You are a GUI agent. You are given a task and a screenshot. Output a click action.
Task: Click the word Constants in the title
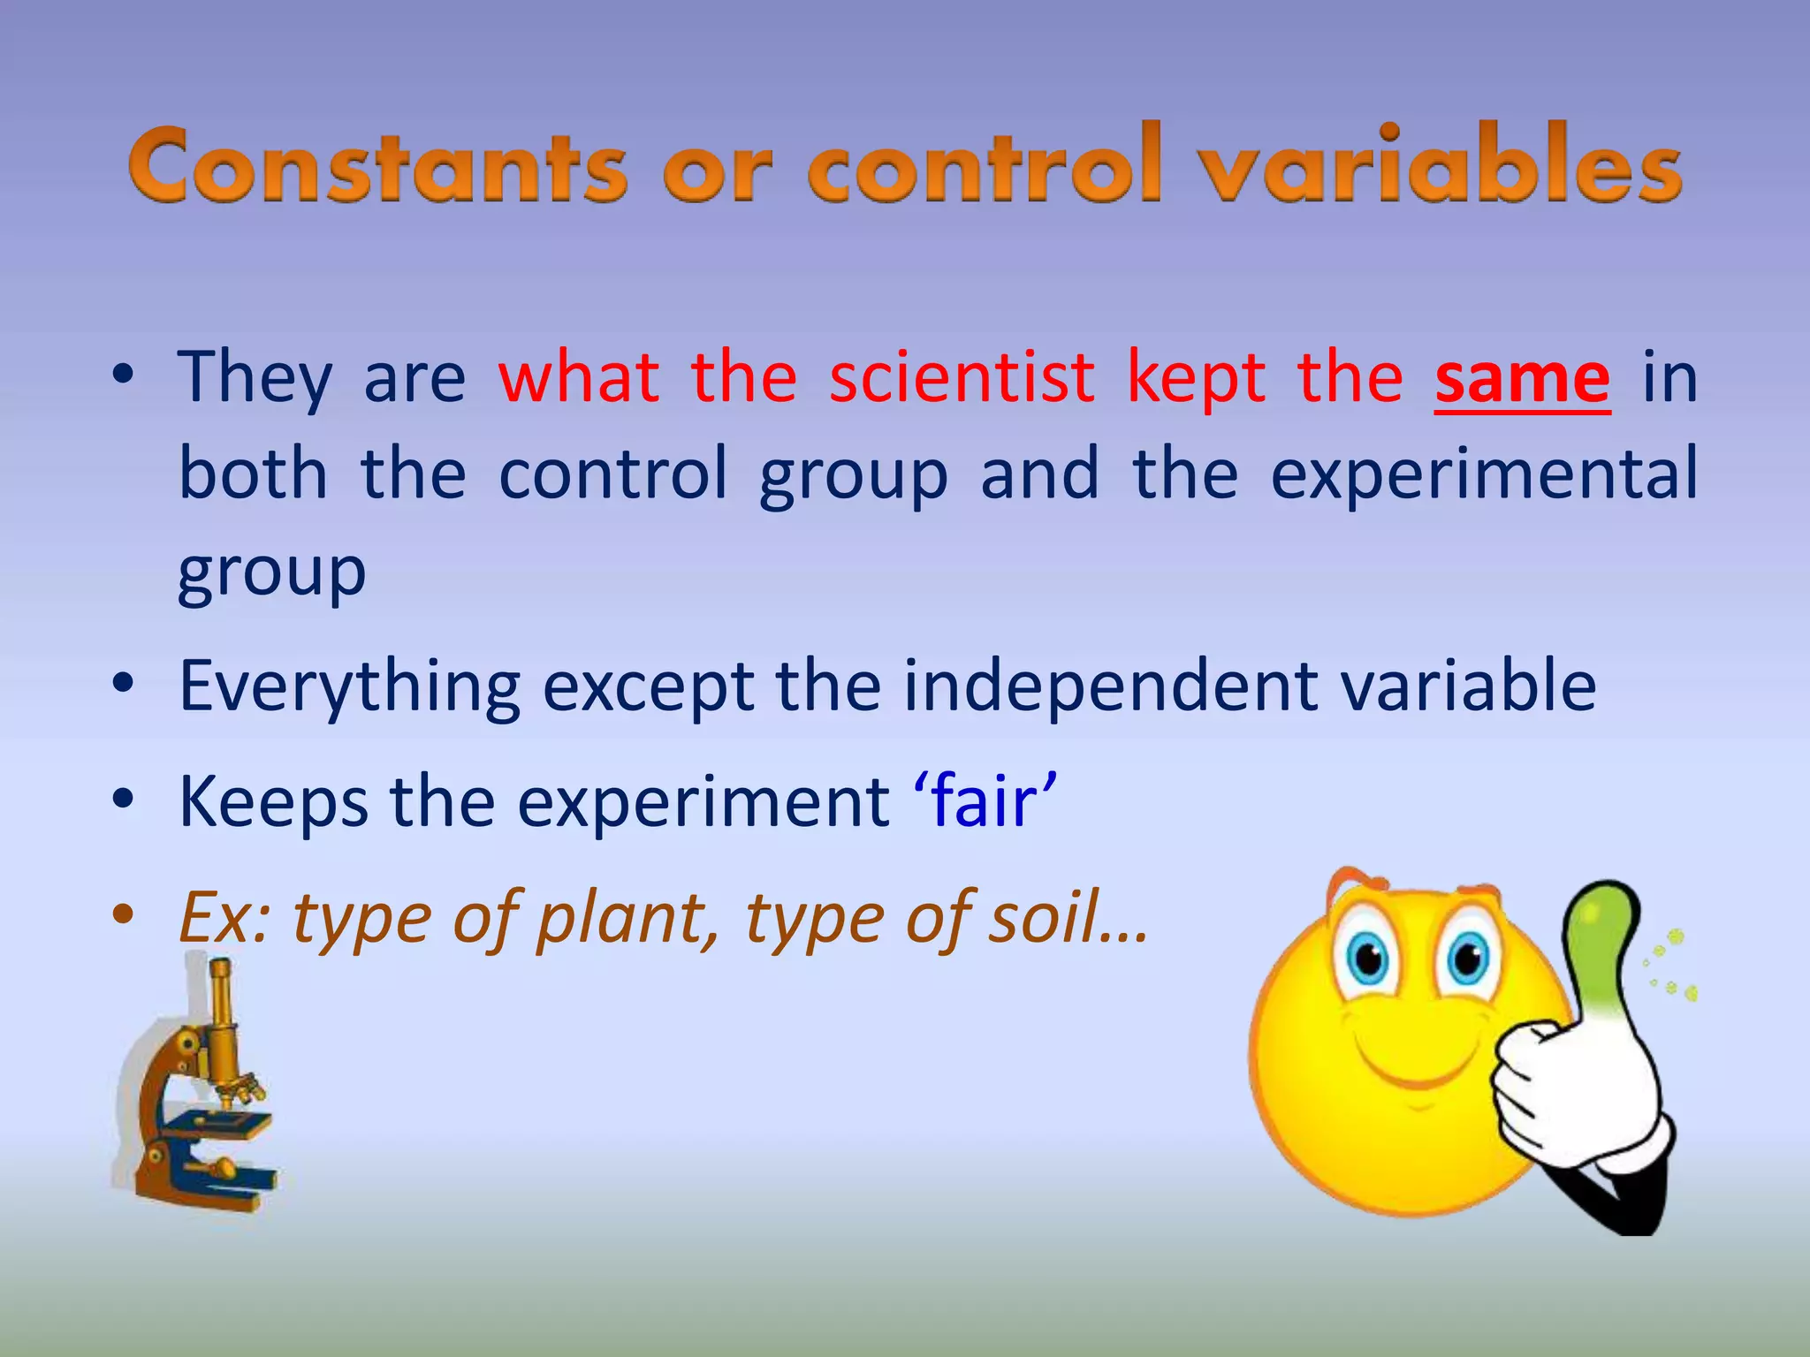(x=378, y=165)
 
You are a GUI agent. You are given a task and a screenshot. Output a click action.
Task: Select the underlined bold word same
(x=1522, y=378)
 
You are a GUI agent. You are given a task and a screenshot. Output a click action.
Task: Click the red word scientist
(x=962, y=378)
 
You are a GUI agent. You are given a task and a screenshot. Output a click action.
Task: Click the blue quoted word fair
(x=984, y=802)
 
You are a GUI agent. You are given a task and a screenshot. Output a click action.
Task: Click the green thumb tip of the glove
(x=1604, y=919)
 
